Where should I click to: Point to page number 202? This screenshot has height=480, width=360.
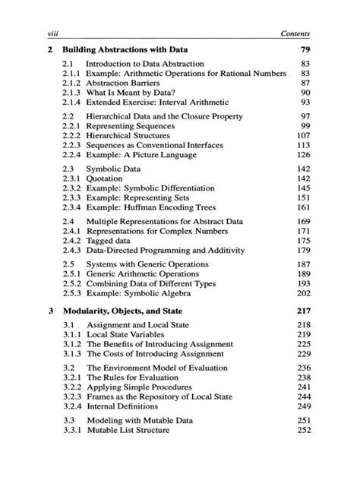click(x=304, y=293)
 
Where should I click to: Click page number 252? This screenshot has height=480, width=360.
click(x=304, y=430)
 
